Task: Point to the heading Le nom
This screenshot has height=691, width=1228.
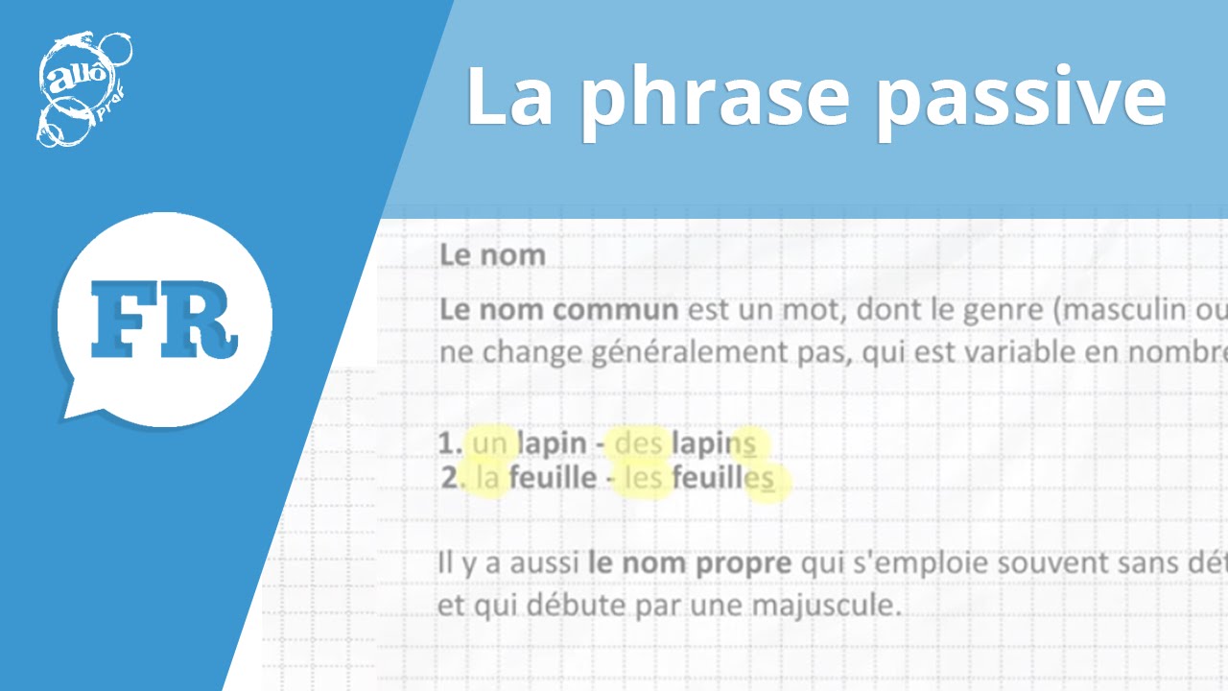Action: (492, 255)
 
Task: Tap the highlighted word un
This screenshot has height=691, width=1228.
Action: (488, 443)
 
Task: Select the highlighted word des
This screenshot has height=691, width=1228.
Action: (638, 443)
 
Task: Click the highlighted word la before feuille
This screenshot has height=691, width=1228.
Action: (487, 478)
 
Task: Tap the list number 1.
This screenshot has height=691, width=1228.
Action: (447, 443)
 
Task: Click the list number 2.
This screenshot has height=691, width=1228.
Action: (450, 478)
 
